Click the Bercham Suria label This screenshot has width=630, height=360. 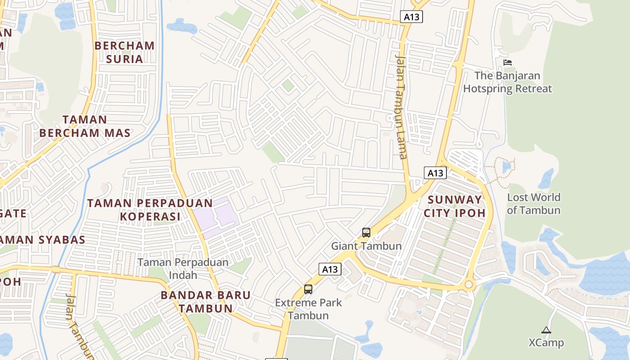[124, 52]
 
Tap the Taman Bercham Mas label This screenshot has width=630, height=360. [85, 126]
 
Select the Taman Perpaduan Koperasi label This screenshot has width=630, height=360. [149, 210]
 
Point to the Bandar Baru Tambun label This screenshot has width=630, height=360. [206, 302]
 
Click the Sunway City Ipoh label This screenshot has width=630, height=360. [455, 206]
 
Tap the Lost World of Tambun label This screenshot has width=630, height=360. [533, 203]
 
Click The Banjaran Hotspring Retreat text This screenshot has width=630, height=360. [507, 82]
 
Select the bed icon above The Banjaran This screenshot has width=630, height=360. [508, 63]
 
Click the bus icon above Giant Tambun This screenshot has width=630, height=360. [366, 233]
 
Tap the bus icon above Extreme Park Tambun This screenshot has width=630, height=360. [308, 289]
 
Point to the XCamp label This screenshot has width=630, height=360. [546, 343]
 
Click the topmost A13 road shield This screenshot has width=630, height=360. [411, 17]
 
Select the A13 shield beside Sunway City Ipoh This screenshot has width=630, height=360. [435, 173]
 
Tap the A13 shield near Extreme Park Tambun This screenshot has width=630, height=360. [330, 269]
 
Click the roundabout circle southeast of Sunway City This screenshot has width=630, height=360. [469, 284]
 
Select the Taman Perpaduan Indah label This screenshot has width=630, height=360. [183, 268]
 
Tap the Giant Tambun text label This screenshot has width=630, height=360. [366, 246]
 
